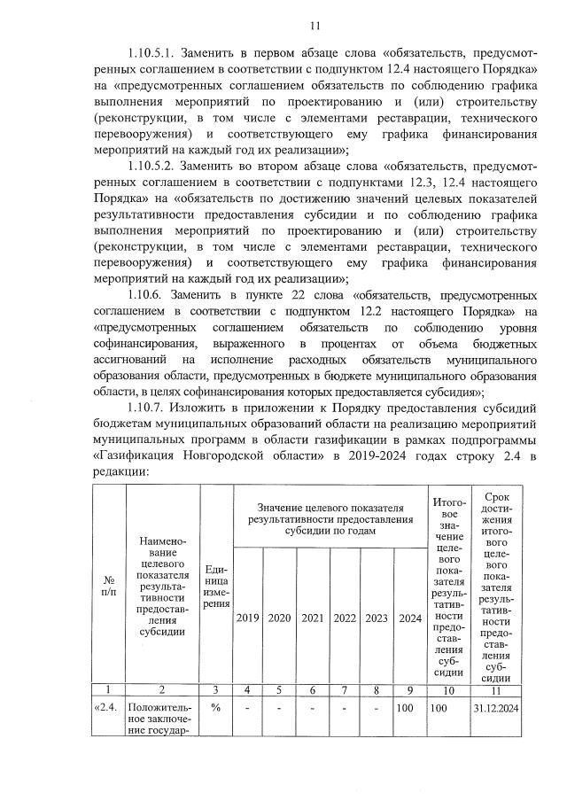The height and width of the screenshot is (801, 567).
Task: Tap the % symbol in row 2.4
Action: click(216, 708)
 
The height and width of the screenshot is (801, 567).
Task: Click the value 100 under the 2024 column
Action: click(407, 709)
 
